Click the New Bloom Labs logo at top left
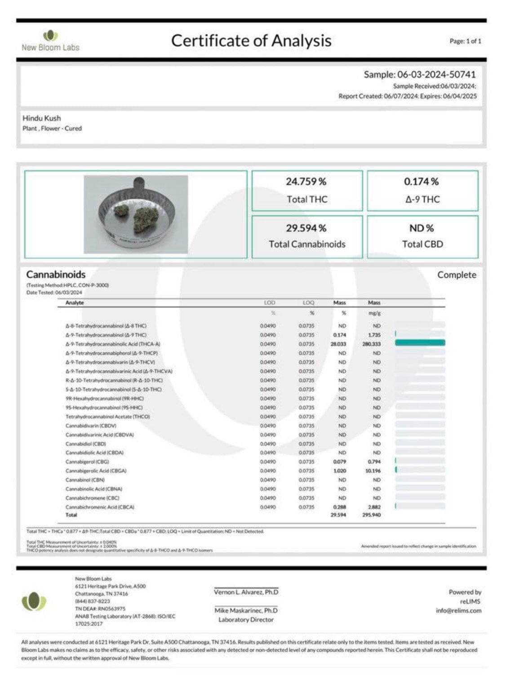pos(50,41)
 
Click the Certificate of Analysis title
pos(251,41)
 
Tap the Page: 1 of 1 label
pos(465,41)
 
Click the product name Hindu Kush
pos(42,118)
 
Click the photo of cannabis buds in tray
pos(136,214)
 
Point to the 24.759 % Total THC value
pos(306,182)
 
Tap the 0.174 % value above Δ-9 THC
pos(421,182)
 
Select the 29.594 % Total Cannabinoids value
pos(306,228)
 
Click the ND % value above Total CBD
pos(421,228)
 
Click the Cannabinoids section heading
pos(56,275)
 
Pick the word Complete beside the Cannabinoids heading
pos(457,275)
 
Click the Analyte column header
pos(75,303)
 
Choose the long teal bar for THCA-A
pos(420,343)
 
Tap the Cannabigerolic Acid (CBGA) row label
pos(96,471)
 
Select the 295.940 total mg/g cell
pos(371,515)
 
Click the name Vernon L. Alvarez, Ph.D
pos(246,592)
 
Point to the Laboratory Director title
pos(246,620)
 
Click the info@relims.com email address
pos(458,611)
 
